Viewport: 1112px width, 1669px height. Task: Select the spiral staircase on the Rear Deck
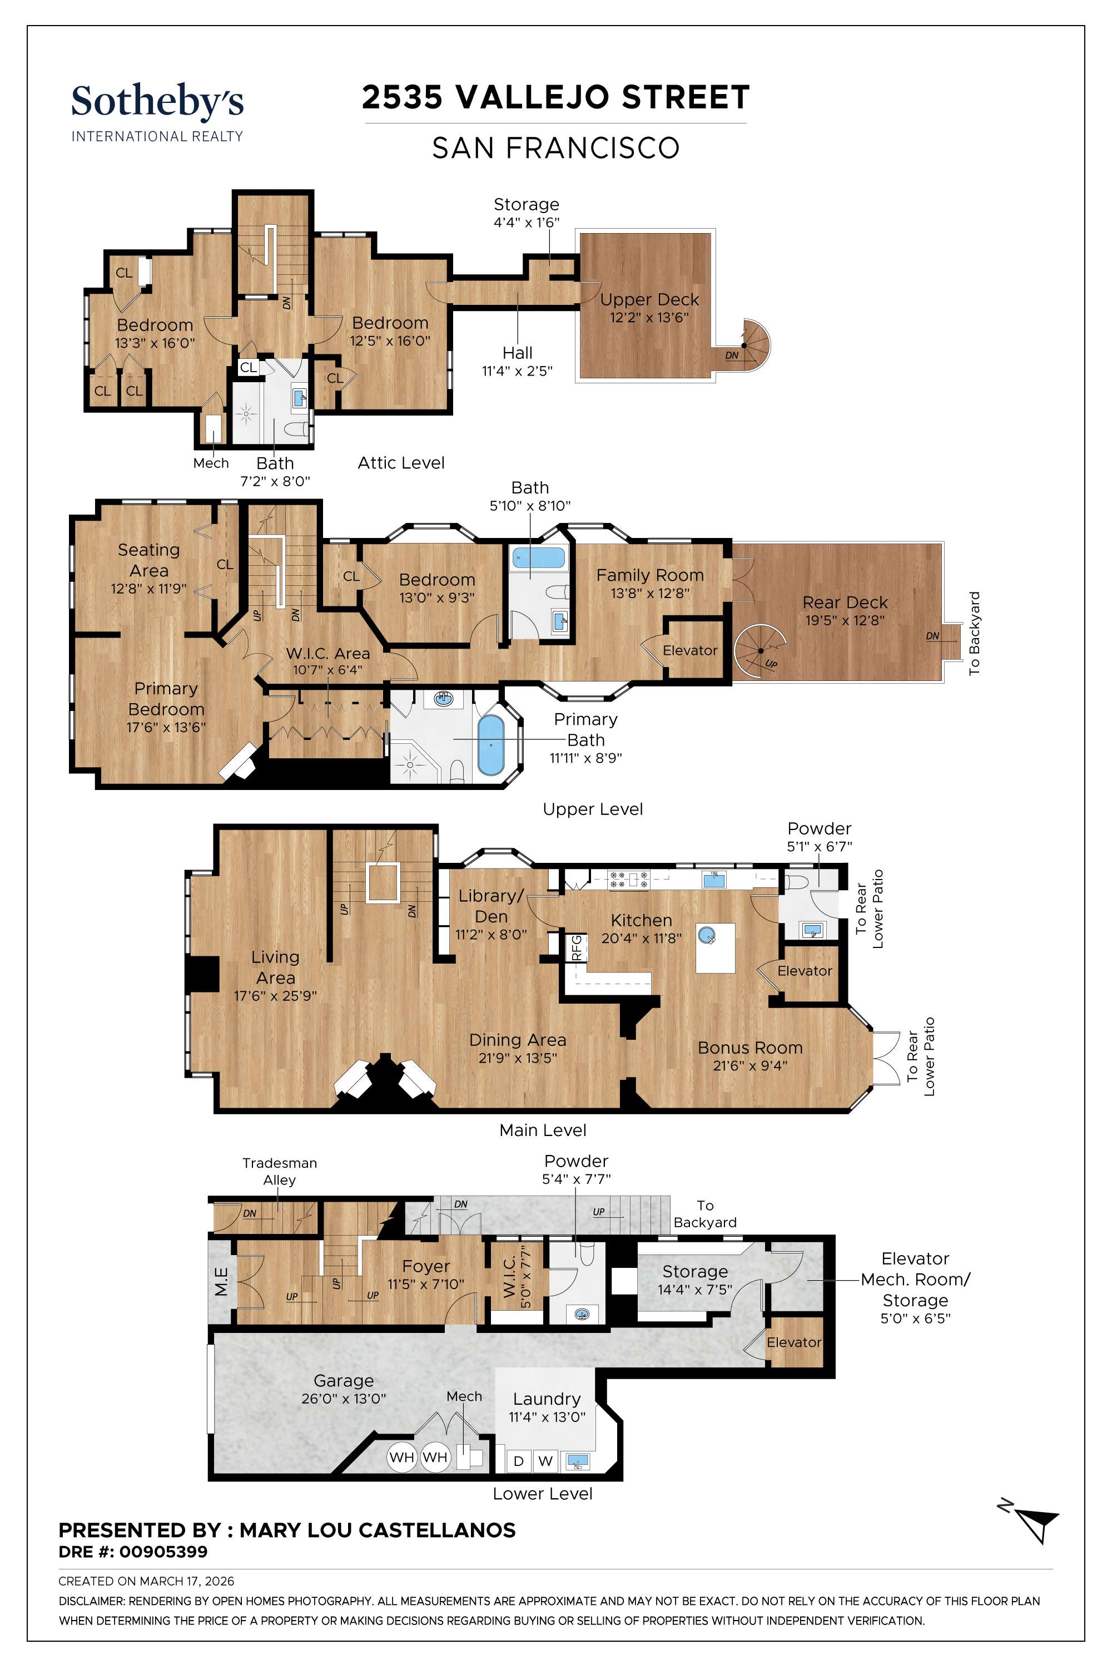[759, 651]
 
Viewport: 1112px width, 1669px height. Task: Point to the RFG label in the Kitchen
[577, 947]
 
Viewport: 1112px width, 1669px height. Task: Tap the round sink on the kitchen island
[706, 935]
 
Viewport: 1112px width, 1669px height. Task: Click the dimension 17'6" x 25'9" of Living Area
[275, 996]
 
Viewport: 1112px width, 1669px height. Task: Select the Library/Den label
[491, 906]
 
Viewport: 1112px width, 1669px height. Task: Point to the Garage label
[343, 1381]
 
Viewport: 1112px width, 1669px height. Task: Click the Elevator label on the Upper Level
[689, 650]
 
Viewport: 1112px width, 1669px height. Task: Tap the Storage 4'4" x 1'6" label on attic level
[526, 212]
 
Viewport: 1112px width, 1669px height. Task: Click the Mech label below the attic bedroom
[211, 463]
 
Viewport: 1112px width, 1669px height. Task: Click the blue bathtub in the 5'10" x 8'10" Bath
[538, 557]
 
